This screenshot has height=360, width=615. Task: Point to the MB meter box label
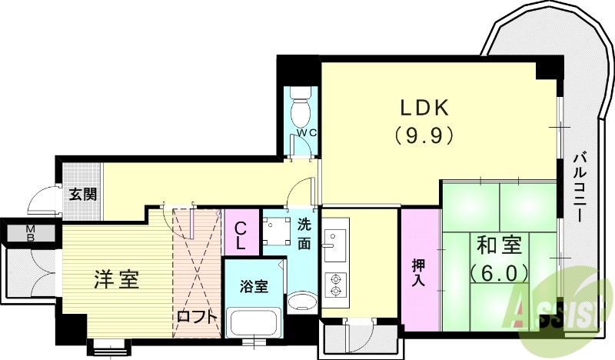[x=31, y=232]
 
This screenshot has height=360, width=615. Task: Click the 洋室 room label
[x=117, y=278]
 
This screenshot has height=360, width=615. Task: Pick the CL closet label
[x=241, y=235]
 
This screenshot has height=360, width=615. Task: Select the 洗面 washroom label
[x=304, y=234]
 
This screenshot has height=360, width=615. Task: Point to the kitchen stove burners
[x=335, y=285]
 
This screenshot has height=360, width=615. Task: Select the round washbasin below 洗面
[x=301, y=302]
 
